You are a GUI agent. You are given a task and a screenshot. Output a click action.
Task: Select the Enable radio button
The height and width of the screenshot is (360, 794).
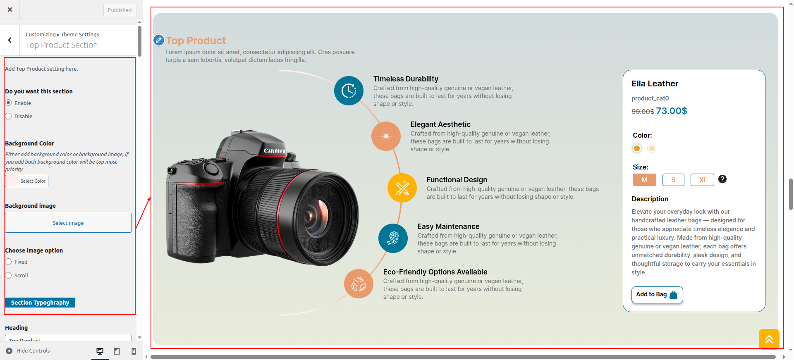[x=8, y=103]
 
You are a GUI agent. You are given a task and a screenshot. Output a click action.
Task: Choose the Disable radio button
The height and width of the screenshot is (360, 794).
[x=8, y=116]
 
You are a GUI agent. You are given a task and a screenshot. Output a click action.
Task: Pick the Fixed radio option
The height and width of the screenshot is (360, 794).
[x=8, y=262]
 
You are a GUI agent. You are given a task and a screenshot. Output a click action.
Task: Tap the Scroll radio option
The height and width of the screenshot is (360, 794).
[x=8, y=275]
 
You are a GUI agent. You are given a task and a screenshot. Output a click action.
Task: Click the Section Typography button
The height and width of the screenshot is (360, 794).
[x=40, y=303]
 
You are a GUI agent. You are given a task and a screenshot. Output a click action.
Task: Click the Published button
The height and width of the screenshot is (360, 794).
[x=120, y=10]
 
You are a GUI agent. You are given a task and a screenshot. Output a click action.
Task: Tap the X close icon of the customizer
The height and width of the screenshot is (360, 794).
[x=10, y=10]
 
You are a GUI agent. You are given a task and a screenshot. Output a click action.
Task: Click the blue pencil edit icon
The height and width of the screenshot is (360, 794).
[x=159, y=40]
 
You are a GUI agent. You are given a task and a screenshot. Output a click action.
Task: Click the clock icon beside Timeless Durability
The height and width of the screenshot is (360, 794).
[x=349, y=91]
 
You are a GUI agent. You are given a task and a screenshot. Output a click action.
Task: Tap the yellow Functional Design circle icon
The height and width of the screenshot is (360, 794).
[x=402, y=188]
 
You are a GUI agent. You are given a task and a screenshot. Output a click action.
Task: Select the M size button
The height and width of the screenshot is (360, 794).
[x=644, y=180]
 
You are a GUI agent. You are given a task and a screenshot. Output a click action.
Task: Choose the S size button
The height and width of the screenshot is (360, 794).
[x=673, y=180]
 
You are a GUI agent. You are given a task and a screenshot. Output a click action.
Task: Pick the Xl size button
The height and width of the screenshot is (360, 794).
[x=702, y=180]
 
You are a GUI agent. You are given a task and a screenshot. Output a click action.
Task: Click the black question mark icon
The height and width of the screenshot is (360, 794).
[x=722, y=179]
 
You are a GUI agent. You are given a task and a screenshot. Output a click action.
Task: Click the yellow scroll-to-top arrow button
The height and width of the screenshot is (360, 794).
[x=769, y=339]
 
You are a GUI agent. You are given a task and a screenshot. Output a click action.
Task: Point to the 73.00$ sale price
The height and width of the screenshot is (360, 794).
[x=672, y=111]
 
